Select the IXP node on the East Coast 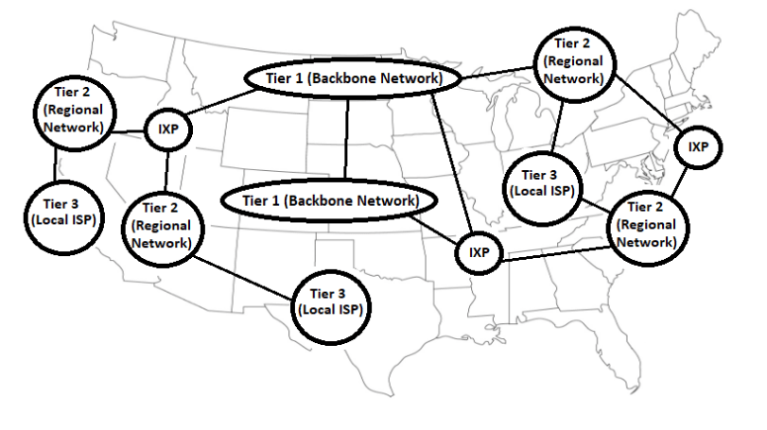[698, 146]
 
